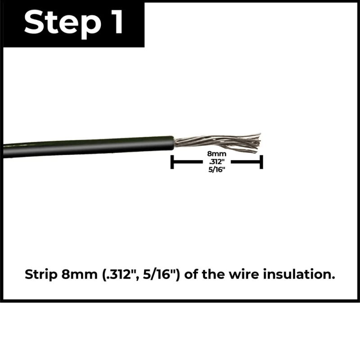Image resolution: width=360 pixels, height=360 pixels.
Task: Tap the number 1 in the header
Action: [x=115, y=22]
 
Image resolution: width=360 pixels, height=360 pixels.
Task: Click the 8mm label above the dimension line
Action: [x=216, y=154]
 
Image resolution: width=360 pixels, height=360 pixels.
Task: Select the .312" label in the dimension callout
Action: [x=216, y=162]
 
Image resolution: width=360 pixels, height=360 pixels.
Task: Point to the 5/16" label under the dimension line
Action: [x=216, y=170]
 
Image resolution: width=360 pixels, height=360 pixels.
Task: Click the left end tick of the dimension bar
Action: [x=172, y=162]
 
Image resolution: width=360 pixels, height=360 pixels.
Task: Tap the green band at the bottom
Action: [x=180, y=331]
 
